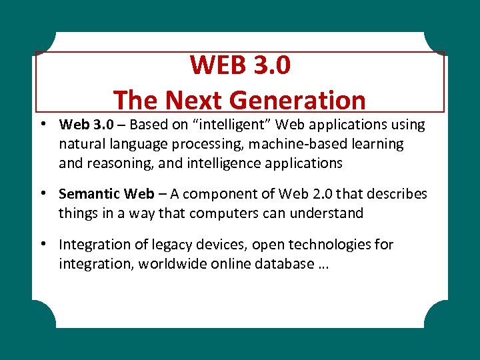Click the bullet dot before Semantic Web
pyautogui.click(x=42, y=193)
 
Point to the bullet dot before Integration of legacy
pyautogui.click(x=42, y=244)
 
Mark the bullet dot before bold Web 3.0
pyautogui.click(x=42, y=124)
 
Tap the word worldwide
pyautogui.click(x=169, y=264)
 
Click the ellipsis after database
pyautogui.click(x=323, y=265)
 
